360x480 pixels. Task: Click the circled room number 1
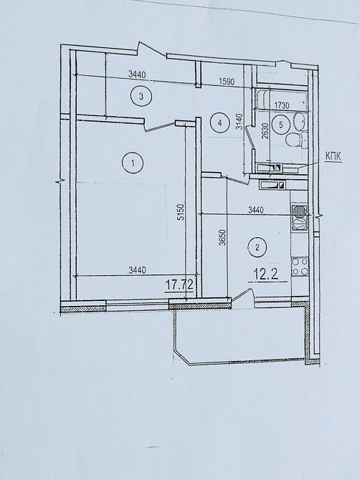[x=133, y=163]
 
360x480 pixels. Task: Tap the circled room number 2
[x=257, y=247]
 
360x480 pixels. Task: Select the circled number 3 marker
[x=141, y=97]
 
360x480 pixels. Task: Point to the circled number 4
[x=219, y=123]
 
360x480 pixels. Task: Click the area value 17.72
[x=179, y=285]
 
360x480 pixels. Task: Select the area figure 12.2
[x=265, y=274]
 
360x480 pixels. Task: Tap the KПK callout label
[x=333, y=156]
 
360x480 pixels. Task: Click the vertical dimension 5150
[x=181, y=212]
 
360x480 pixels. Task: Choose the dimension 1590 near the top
[x=227, y=82]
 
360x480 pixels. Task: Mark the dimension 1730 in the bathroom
[x=282, y=105]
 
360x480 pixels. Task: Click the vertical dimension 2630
[x=265, y=130]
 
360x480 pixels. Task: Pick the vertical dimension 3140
[x=240, y=122]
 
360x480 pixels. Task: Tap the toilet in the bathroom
[x=295, y=140]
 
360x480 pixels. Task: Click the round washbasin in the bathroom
[x=300, y=121]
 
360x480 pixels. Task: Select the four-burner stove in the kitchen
[x=299, y=267]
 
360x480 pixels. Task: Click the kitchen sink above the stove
[x=300, y=217]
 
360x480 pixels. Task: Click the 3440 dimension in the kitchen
[x=255, y=210]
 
